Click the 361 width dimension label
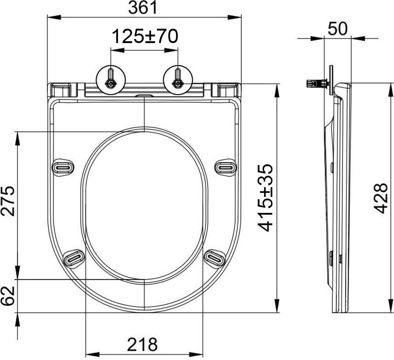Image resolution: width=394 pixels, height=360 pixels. pos(142,7)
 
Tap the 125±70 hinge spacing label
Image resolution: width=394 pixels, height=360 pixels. pos(145,36)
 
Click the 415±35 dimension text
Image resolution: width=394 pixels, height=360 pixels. pos(265,198)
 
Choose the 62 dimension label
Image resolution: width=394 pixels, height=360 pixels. pos(7,296)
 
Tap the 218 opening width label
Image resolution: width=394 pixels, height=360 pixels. pos(142,344)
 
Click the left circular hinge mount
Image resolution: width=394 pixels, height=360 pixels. pos(111,80)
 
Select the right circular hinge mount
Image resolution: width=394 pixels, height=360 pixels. pos(178,80)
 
